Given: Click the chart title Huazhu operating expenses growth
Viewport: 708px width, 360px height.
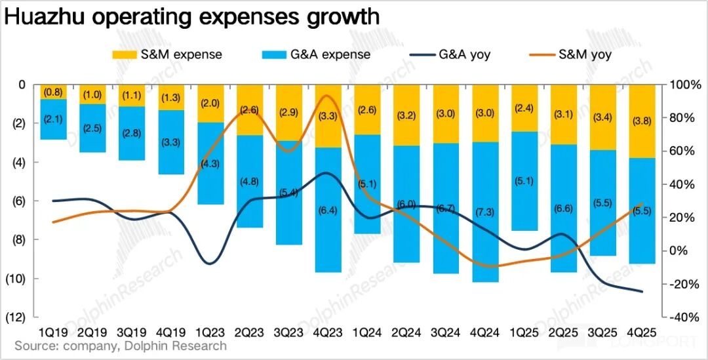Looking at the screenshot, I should [192, 16].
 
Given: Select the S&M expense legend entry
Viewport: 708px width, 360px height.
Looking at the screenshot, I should [167, 54].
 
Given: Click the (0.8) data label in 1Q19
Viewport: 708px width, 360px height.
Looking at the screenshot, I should [53, 92].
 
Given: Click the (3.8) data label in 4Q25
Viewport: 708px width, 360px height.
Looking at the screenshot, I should [642, 121].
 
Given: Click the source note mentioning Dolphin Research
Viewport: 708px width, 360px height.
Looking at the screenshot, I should [121, 346].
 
